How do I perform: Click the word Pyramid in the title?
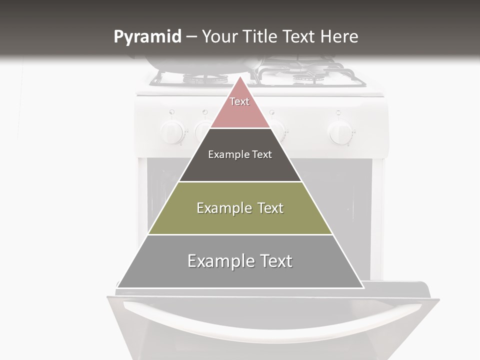[147, 37]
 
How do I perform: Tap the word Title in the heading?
[262, 36]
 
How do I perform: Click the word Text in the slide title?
[300, 36]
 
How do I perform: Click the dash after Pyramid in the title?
[191, 37]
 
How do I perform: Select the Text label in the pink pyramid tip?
[239, 101]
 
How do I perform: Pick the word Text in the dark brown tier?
[262, 154]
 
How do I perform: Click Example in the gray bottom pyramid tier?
[219, 261]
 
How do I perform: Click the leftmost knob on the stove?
[171, 132]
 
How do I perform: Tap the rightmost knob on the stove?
[340, 132]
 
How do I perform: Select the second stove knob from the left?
[202, 131]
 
